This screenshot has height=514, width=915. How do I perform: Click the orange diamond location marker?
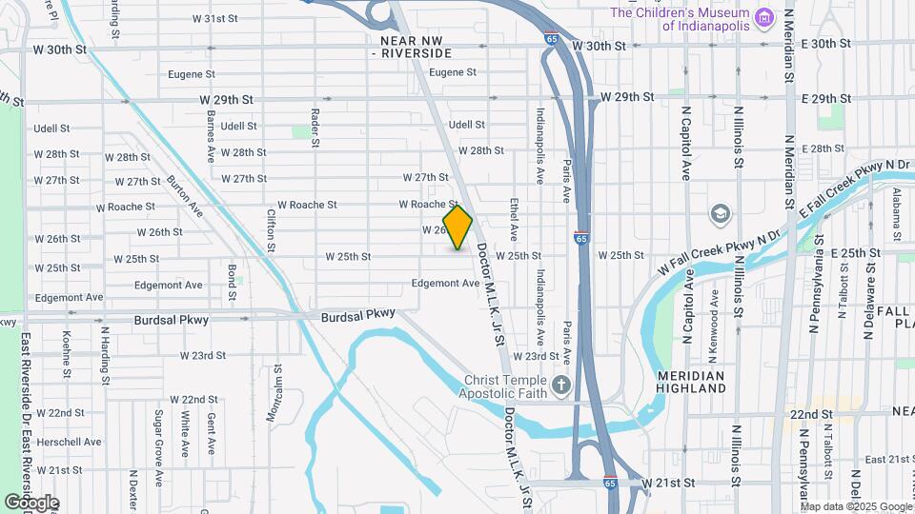pyautogui.click(x=457, y=227)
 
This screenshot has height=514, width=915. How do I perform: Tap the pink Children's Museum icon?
pyautogui.click(x=762, y=17)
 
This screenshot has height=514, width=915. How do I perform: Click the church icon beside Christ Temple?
pyautogui.click(x=561, y=385)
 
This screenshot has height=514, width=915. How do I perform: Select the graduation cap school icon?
pyautogui.click(x=720, y=212)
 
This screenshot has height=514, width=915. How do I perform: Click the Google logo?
pyautogui.click(x=30, y=502)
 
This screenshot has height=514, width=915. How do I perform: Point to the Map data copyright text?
pyautogui.click(x=856, y=506)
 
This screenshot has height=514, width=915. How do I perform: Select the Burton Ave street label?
pyautogui.click(x=184, y=194)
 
